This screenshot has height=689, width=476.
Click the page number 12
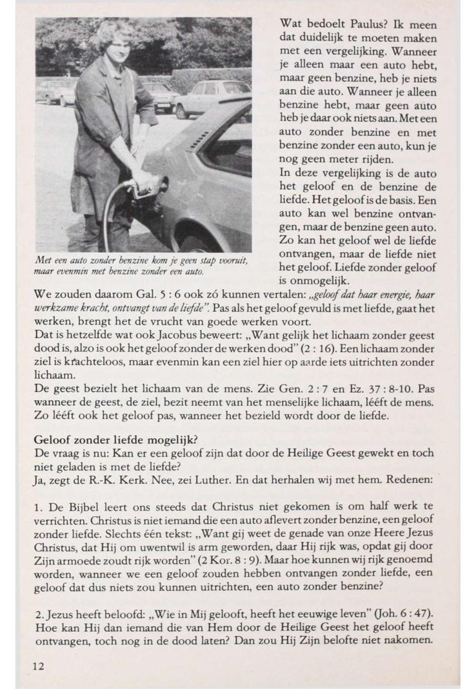(39, 666)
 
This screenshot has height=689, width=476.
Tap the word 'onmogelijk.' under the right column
(307, 281)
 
